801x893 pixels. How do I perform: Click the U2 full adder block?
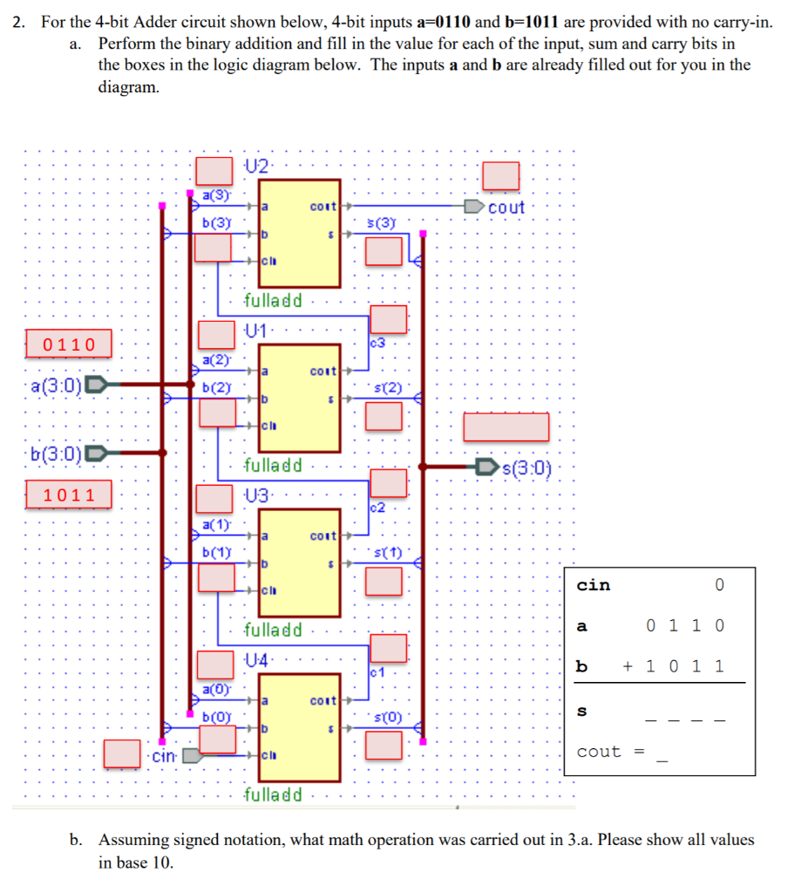[x=299, y=233]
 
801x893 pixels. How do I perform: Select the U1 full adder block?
[x=299, y=397]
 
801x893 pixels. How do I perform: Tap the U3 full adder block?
[x=299, y=562]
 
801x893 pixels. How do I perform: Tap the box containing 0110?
[x=70, y=344]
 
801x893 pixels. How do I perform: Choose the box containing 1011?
[x=70, y=495]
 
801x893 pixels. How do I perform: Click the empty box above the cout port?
[x=501, y=175]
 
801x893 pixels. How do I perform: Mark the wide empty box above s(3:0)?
[x=506, y=426]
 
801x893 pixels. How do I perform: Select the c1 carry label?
[x=378, y=671]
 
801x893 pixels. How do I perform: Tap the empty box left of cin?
[x=122, y=754]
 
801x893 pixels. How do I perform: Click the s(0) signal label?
[x=387, y=718]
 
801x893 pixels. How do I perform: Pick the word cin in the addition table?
[x=594, y=585]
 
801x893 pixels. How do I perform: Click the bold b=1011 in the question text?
[x=519, y=23]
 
